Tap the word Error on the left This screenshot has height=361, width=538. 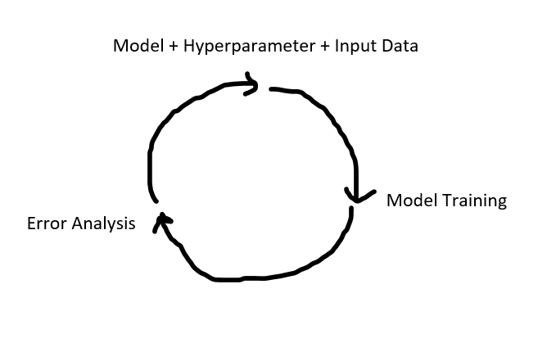tap(45, 223)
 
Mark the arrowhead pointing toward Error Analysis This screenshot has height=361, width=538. tap(162, 219)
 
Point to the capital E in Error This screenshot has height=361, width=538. tap(32, 223)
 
